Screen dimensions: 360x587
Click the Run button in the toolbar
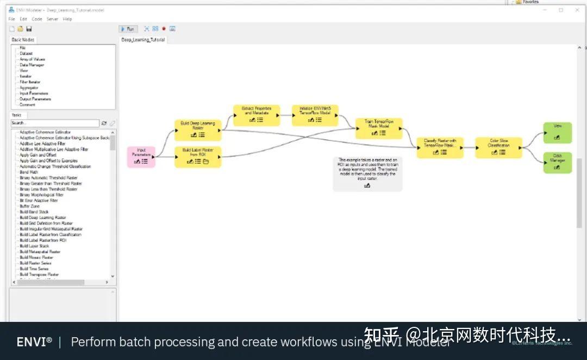(128, 29)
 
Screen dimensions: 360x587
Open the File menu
(11, 19)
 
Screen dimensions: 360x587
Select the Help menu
(67, 19)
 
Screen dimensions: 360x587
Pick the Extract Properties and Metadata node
(256, 115)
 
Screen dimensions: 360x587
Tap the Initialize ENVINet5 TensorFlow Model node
(315, 115)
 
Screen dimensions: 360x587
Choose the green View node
(557, 132)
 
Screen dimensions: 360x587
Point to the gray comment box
(367, 174)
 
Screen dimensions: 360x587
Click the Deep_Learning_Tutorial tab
(143, 40)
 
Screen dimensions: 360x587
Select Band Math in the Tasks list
(29, 172)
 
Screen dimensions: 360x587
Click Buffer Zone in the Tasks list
(29, 206)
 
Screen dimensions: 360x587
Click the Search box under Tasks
(54, 123)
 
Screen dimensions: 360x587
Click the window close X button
(576, 10)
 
